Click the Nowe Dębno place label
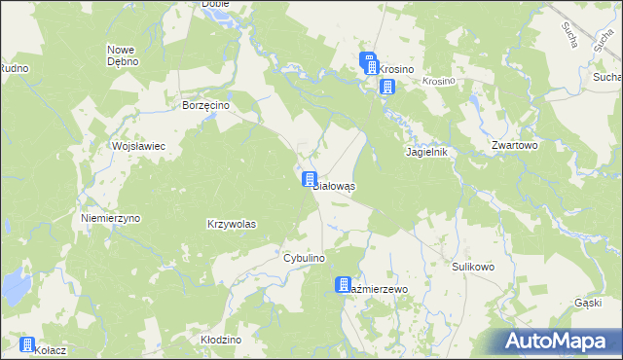tap(123, 54)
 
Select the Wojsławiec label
tap(140, 145)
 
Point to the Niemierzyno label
tap(111, 218)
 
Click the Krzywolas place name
tap(232, 224)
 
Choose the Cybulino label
tap(303, 258)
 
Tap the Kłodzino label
tap(220, 340)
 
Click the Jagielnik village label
tap(425, 153)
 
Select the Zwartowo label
tap(515, 145)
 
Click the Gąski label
tap(588, 303)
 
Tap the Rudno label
tap(13, 68)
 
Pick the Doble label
tap(214, 4)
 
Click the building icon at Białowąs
tap(310, 179)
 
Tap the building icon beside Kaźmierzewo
tap(344, 284)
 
